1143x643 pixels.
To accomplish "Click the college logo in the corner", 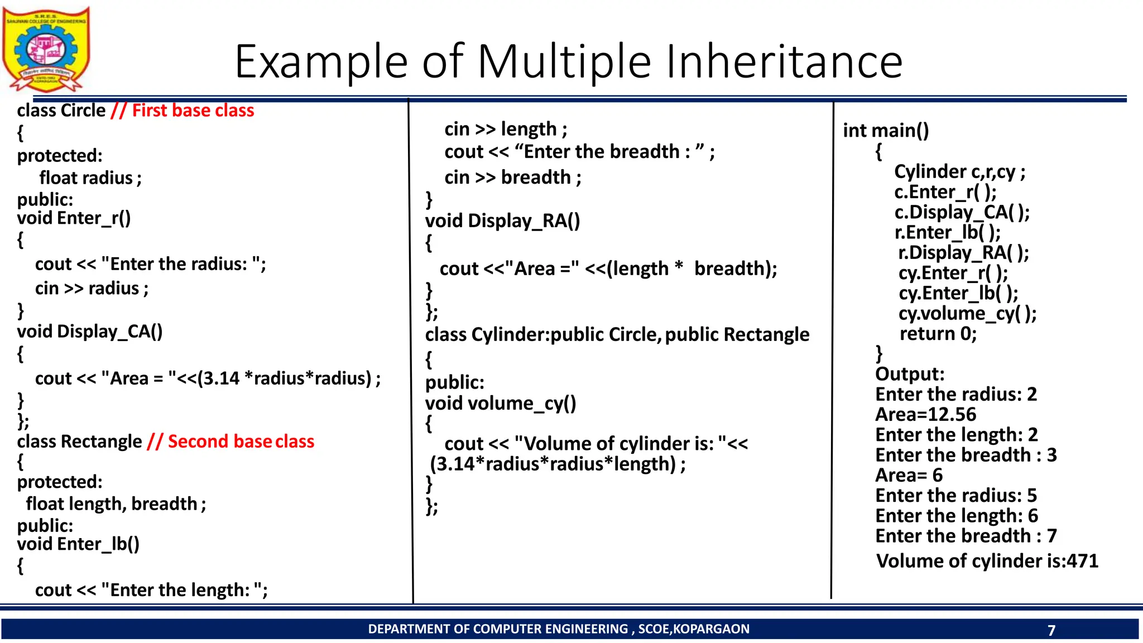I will [x=46, y=49].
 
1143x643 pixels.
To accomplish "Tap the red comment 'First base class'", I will [x=193, y=111].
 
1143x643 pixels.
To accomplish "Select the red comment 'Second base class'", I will [x=241, y=442].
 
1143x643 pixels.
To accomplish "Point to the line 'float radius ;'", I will [x=90, y=178].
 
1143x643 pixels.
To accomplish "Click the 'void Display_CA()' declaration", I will [x=90, y=332].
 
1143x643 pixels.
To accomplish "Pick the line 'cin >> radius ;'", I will [x=92, y=289].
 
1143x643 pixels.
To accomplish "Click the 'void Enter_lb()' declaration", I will [x=78, y=544].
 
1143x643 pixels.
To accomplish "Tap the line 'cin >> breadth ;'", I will [x=512, y=177].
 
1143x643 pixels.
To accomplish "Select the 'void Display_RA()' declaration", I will [x=502, y=221].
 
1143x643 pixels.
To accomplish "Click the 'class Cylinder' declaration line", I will [x=617, y=334].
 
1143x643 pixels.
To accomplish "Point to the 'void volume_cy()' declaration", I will [x=501, y=403].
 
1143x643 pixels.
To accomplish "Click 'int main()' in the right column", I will [x=886, y=131].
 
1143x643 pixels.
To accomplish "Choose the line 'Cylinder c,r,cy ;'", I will [x=959, y=172].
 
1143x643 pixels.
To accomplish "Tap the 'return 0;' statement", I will [x=938, y=334].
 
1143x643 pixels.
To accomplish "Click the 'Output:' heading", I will [x=910, y=374].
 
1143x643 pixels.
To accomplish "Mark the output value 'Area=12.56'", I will [x=925, y=415].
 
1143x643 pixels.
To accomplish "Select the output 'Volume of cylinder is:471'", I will [x=987, y=561].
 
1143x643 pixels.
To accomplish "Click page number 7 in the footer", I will [x=1051, y=630].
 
